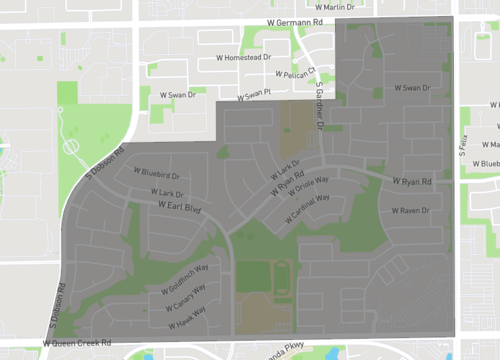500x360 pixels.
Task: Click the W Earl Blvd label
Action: (x=179, y=207)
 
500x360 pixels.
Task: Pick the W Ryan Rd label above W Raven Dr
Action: (x=409, y=183)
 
